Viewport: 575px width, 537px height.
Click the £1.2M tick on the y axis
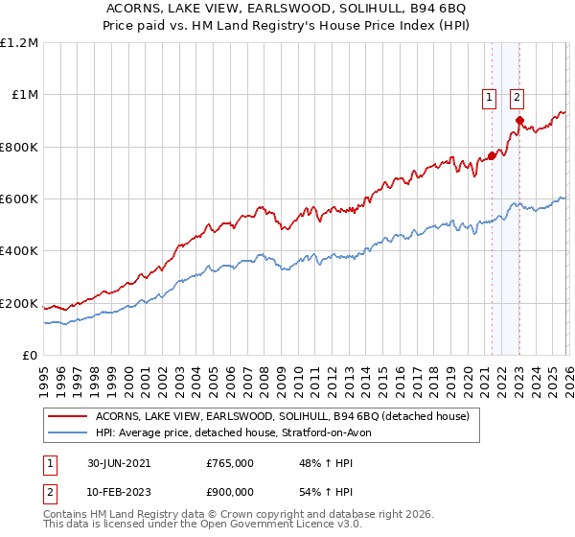[20, 42]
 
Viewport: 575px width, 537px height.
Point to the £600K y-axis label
[19, 199]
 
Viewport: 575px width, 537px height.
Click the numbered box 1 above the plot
[489, 96]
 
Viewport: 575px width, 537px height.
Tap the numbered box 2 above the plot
[517, 96]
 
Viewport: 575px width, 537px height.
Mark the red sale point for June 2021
[492, 155]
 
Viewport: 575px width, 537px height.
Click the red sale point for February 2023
[519, 120]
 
